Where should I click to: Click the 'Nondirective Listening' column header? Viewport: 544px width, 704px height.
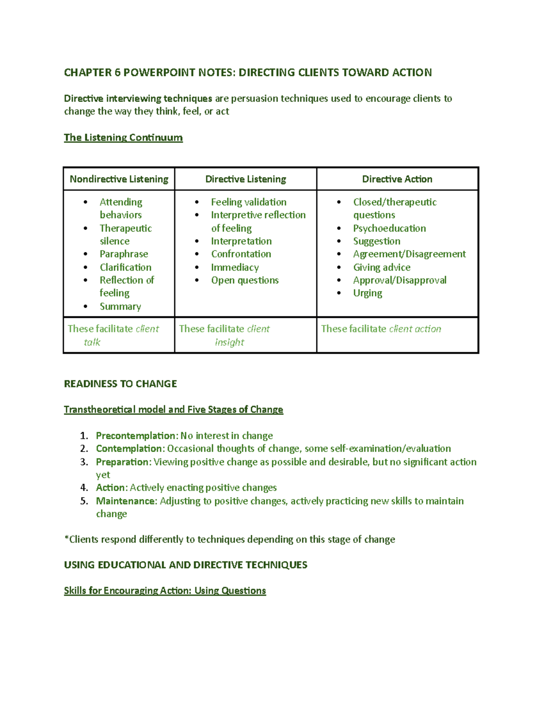[x=119, y=179]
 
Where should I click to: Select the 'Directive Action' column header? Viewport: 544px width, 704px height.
[x=397, y=179]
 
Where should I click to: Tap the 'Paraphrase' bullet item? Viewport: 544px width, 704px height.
[x=124, y=254]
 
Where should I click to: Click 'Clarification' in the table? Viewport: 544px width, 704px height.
[x=126, y=267]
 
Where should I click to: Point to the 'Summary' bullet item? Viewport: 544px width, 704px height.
[x=120, y=306]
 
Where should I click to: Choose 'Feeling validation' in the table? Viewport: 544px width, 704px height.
[x=248, y=202]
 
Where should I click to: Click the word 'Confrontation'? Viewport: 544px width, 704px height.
[x=241, y=254]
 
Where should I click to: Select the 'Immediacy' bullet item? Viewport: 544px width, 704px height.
[x=235, y=267]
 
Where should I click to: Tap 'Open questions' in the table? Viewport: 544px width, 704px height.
[x=245, y=280]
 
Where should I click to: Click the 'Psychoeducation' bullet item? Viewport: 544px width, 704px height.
[x=389, y=228]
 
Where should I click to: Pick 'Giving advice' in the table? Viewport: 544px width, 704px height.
[x=382, y=267]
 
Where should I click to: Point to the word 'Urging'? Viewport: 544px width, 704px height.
[x=368, y=293]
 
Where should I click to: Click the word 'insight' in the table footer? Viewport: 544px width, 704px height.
[x=229, y=342]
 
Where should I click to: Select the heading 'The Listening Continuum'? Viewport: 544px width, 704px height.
[x=123, y=137]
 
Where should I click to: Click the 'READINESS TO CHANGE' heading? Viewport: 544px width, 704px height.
[x=121, y=384]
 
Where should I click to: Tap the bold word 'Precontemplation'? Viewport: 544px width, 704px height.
[x=135, y=436]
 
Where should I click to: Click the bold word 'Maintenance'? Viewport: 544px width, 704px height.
[x=126, y=501]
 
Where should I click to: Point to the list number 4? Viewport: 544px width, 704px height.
[x=84, y=488]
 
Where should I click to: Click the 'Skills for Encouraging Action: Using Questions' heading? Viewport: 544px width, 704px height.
[x=165, y=591]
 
